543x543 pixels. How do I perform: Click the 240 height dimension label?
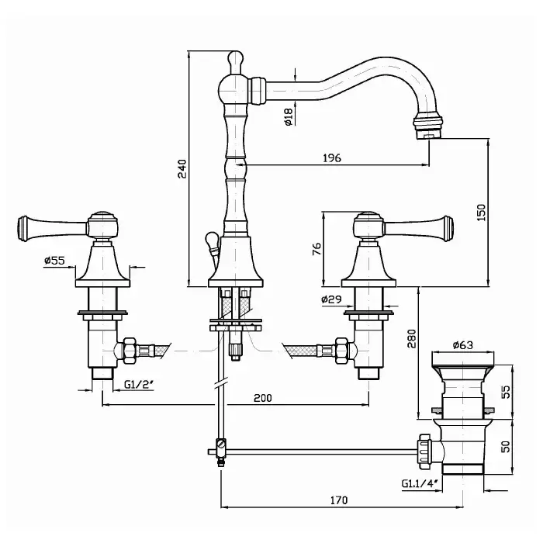pos(182,168)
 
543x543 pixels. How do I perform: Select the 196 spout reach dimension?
pos(332,158)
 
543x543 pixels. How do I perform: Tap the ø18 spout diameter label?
pos(289,116)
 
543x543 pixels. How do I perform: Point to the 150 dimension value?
pos(482,213)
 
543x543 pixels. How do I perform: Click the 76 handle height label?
pos(316,249)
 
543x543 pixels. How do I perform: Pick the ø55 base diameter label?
pos(54,260)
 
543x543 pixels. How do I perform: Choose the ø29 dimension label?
pos(331,299)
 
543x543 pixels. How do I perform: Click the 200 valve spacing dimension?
pos(263,398)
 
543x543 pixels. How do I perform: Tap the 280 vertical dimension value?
pos(412,339)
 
